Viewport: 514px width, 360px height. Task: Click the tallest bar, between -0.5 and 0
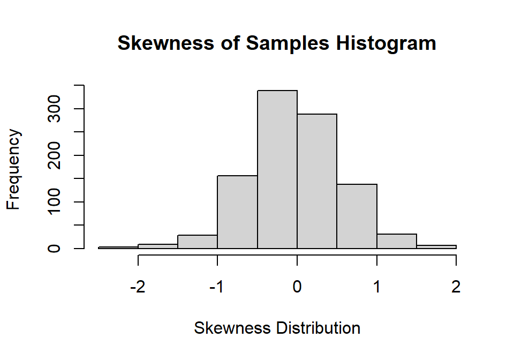277,169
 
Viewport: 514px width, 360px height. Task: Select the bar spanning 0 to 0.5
317,181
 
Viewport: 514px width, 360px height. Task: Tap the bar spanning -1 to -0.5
237,212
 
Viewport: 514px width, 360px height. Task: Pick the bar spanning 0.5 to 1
357,216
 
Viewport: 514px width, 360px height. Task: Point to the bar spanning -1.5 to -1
198,242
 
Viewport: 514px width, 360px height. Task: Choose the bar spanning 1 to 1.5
397,241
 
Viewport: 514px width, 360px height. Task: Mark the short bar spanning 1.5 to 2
436,246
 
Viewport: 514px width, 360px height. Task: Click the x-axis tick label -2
138,287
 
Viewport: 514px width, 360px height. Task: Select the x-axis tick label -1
217,287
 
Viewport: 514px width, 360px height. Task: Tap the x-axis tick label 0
297,287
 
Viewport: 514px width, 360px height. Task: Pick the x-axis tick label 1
376,287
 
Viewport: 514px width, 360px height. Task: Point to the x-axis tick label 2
456,287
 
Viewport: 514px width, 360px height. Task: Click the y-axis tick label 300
54,109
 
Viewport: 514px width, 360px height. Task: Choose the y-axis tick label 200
54,155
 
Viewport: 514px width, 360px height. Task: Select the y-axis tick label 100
54,201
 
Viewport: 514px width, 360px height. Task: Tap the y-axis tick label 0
54,248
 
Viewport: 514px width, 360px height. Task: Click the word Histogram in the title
386,43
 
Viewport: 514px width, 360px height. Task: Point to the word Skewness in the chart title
165,43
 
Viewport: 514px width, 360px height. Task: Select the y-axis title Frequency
13,169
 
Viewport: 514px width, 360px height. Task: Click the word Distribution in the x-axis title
318,328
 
